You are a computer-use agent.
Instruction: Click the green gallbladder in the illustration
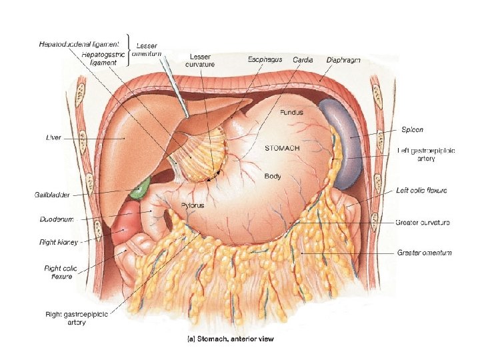tap(139, 190)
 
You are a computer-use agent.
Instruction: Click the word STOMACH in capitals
tap(282, 147)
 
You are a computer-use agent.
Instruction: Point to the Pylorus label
tap(192, 206)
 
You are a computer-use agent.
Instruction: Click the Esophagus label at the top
tap(265, 60)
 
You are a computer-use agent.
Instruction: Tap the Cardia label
tap(303, 60)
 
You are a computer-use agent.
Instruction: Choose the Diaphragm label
tap(343, 60)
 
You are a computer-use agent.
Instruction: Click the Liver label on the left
tap(53, 137)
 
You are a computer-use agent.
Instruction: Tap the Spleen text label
tap(412, 129)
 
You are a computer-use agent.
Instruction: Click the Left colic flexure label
tap(421, 191)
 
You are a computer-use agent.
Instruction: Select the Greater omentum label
tap(424, 253)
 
